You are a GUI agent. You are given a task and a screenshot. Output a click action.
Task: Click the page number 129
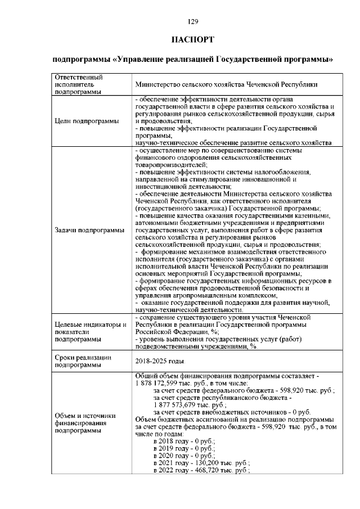click(193, 22)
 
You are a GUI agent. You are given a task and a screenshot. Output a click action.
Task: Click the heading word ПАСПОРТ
click(193, 40)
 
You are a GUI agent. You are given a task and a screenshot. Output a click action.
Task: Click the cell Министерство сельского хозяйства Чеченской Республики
click(227, 84)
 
